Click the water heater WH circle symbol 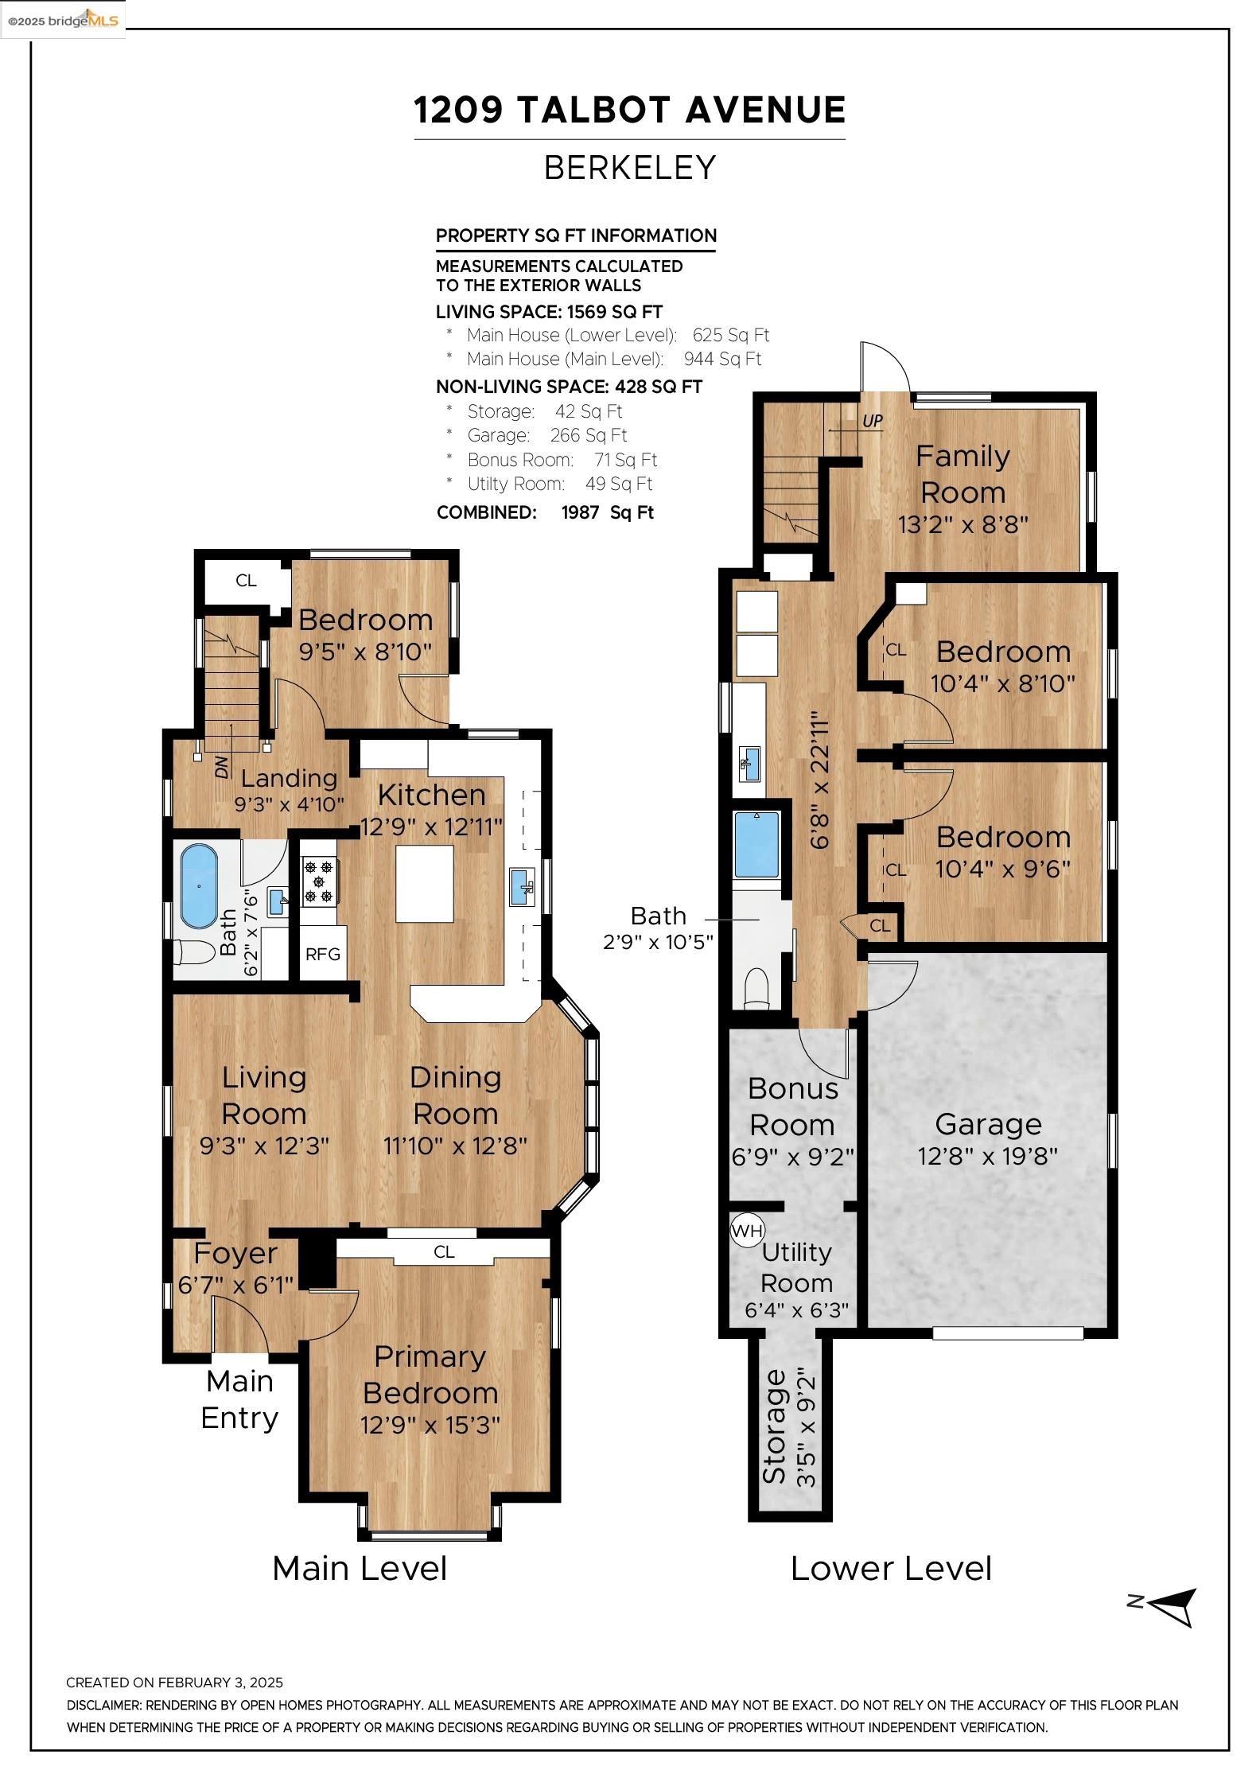click(747, 1231)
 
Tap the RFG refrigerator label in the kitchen click(323, 954)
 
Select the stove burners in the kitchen click(320, 881)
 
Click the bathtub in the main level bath click(198, 885)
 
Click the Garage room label click(988, 1124)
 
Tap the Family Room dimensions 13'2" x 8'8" click(963, 525)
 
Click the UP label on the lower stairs click(873, 421)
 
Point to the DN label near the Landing click(222, 767)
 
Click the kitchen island click(425, 884)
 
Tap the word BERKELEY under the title click(630, 168)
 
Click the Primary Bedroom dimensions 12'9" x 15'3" click(430, 1424)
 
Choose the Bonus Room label click(793, 1107)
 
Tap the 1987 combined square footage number click(580, 512)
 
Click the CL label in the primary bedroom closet click(444, 1251)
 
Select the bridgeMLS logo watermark click(63, 19)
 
